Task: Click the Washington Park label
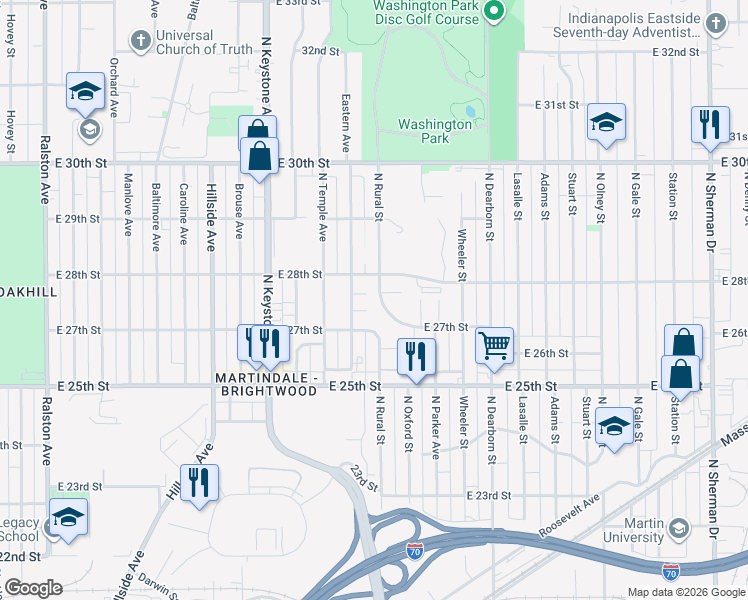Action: [435, 132]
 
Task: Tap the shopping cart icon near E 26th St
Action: [494, 347]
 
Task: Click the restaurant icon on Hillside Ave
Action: [199, 484]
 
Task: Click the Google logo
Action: [33, 588]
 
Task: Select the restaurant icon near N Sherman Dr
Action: [709, 125]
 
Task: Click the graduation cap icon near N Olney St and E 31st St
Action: [605, 122]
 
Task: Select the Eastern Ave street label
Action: [345, 123]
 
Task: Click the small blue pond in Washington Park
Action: [470, 110]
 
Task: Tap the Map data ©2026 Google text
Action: [685, 592]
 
